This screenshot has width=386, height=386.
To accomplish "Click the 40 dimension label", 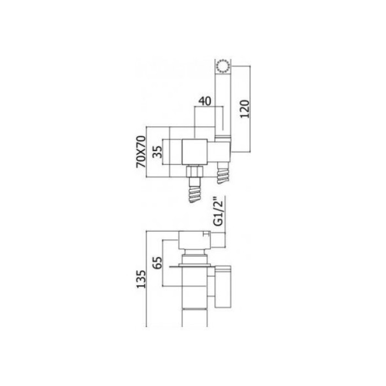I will pos(205,102).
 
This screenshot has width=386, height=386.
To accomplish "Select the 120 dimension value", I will pos(246,109).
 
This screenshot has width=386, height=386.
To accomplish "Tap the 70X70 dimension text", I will pos(141,154).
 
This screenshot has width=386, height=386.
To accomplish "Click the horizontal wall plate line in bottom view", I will pos(192,267).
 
